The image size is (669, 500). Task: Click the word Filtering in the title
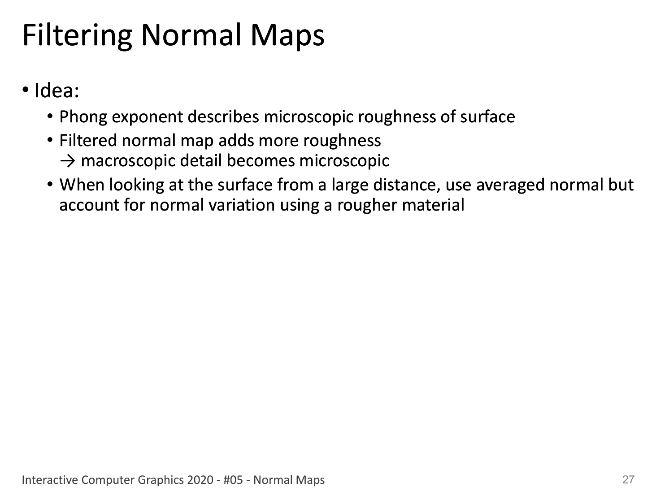click(x=77, y=36)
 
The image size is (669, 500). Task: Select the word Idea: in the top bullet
click(x=56, y=91)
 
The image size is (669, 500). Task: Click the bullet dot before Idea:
click(x=26, y=90)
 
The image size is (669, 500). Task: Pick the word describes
click(x=223, y=116)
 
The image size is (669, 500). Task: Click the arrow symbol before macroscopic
click(x=67, y=161)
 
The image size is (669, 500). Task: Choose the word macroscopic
click(x=128, y=161)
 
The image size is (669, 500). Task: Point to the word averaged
click(x=510, y=185)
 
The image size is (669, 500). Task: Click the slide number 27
click(x=628, y=479)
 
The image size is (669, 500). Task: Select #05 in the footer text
click(x=233, y=480)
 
